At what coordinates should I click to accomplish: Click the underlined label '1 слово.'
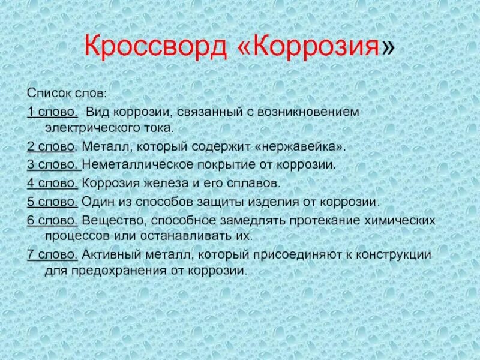(x=52, y=112)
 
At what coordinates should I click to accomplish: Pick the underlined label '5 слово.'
(x=53, y=202)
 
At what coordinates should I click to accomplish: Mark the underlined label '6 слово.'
(x=53, y=220)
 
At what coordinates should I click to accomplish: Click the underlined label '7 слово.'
(x=53, y=254)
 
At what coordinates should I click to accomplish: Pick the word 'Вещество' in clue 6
(x=106, y=220)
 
